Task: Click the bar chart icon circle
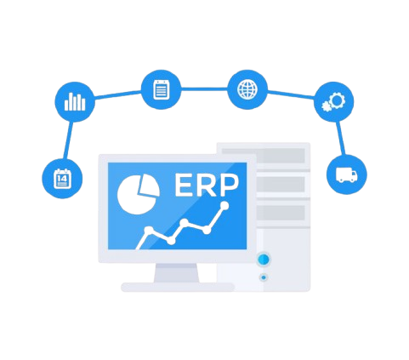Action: click(75, 102)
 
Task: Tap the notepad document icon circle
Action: click(161, 89)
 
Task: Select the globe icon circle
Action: click(247, 89)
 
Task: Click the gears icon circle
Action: click(334, 102)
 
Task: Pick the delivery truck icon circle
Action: click(347, 174)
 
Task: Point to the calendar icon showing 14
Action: click(62, 179)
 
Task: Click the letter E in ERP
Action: click(184, 185)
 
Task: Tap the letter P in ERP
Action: click(230, 185)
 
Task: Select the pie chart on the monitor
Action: click(139, 194)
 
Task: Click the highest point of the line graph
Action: click(224, 205)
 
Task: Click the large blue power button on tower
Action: click(264, 259)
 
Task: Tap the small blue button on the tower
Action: click(264, 277)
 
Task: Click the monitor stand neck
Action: click(176, 273)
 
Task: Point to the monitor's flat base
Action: click(178, 287)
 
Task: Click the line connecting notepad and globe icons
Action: click(204, 89)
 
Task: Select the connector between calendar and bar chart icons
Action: click(68, 140)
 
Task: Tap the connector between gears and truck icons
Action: click(340, 138)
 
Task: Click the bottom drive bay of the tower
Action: click(281, 212)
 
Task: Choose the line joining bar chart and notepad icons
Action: click(118, 94)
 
